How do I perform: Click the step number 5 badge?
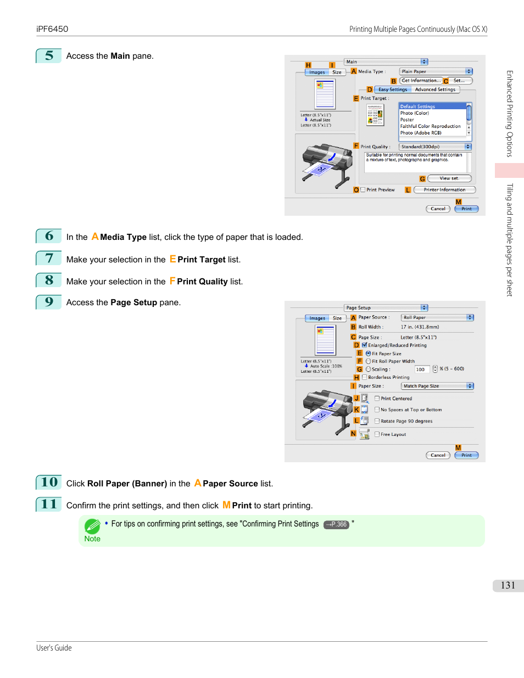49,56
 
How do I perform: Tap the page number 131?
508,585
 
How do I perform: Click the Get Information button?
421,81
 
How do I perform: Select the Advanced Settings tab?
435,89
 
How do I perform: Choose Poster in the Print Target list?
407,120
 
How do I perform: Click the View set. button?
449,178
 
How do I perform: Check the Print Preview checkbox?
363,190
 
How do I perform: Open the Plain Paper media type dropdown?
436,71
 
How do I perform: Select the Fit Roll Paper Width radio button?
368,361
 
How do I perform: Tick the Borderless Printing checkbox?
365,377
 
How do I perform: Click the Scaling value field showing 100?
422,369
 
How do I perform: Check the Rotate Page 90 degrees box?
377,421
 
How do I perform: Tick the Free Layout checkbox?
377,434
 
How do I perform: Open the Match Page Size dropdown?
437,386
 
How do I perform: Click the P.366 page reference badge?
336,524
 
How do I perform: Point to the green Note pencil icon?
92,526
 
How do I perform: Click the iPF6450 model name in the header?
52,29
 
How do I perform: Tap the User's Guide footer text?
54,648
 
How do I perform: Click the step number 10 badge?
49,483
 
